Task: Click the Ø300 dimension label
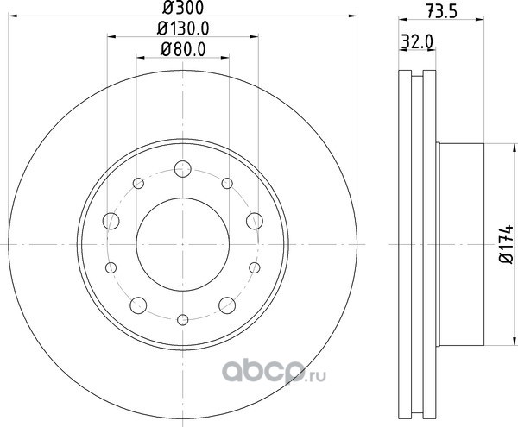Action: (x=183, y=8)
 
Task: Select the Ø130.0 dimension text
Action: (x=183, y=28)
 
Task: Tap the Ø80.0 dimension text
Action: (x=183, y=49)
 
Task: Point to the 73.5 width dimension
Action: (x=441, y=11)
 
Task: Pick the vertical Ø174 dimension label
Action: (x=506, y=244)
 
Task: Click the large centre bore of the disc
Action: (x=183, y=244)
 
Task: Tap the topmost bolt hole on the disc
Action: (x=183, y=168)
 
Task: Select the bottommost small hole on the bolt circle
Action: (x=183, y=320)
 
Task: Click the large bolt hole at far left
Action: (x=111, y=221)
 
